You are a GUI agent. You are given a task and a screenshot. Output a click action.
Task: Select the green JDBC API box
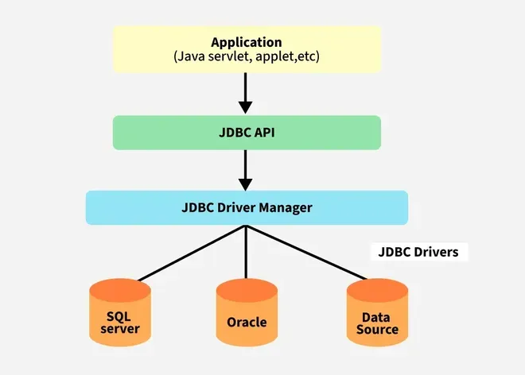[247, 133]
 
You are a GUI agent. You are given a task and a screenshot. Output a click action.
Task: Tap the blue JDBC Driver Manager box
[247, 208]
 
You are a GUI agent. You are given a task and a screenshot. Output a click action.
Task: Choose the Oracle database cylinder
[247, 313]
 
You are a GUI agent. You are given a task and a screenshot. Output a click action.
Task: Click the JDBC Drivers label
[420, 253]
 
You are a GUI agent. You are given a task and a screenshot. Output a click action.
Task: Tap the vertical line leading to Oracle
[247, 254]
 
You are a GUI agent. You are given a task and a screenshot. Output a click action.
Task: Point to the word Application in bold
[247, 41]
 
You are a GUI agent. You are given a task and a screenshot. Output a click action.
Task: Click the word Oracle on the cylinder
[247, 323]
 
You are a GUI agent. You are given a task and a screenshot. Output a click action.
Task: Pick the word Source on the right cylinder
[377, 329]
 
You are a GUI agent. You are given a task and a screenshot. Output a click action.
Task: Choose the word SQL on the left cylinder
[120, 316]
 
